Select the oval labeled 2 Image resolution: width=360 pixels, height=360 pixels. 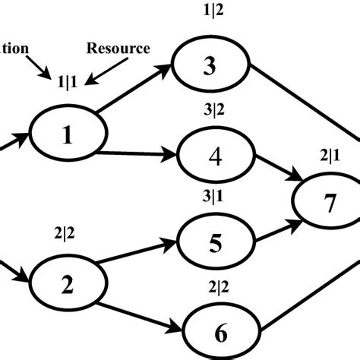[x=68, y=285]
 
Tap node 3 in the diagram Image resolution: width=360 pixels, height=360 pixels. [x=210, y=67]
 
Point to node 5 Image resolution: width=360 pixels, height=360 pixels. [x=215, y=243]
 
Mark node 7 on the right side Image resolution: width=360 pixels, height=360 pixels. [x=329, y=204]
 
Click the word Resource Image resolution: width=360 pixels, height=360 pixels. [x=118, y=49]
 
